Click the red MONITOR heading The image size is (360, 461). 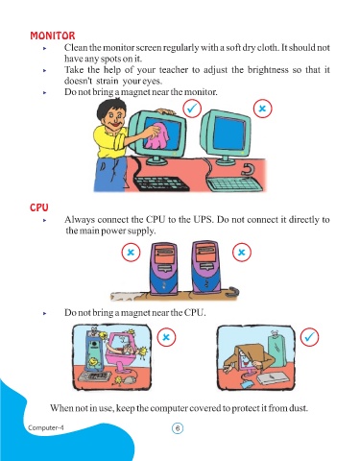(53, 36)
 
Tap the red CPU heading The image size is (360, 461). (39, 207)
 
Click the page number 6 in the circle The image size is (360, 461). (178, 428)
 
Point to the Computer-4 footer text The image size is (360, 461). (46, 427)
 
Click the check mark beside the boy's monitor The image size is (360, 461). (192, 109)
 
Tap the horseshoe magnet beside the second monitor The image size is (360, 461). (247, 170)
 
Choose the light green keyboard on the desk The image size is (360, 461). (235, 185)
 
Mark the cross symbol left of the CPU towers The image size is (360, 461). (131, 253)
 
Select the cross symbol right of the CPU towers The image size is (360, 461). (242, 253)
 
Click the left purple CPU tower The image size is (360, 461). (163, 268)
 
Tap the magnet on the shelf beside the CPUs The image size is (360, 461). (233, 292)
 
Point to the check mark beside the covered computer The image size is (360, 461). (309, 337)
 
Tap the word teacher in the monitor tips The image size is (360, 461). (174, 70)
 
